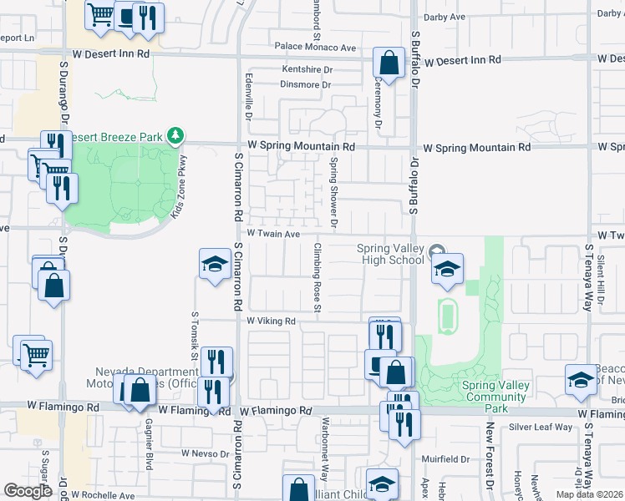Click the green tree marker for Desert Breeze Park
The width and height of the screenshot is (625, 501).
175,134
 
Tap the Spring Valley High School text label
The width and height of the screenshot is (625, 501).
390,254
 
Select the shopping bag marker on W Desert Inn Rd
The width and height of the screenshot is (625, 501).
389,62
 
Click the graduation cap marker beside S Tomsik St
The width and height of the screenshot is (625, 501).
215,264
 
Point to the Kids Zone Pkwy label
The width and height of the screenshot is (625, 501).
179,187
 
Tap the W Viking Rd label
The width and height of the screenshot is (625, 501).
272,321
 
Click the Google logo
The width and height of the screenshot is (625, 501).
28,490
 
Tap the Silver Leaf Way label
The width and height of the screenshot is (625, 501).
541,427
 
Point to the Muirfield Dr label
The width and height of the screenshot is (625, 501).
445,459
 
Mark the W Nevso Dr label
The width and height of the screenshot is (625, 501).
208,453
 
